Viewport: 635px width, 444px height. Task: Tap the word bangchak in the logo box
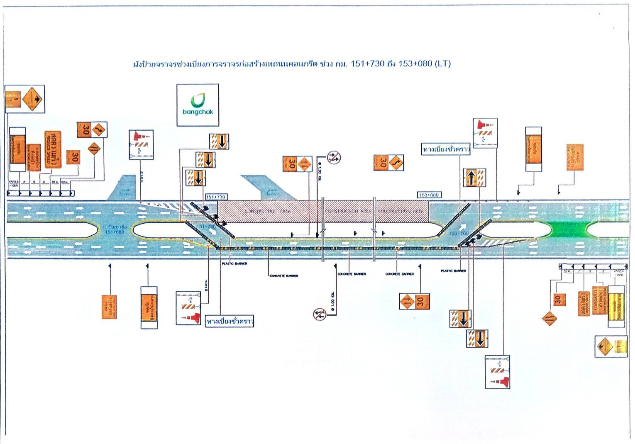coord(198,112)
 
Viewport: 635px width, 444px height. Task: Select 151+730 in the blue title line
coord(367,63)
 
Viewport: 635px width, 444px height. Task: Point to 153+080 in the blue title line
coord(415,63)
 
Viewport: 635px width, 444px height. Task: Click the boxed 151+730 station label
coord(216,197)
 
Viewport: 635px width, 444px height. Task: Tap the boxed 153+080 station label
coord(429,195)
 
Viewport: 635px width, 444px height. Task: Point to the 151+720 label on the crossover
coord(206,227)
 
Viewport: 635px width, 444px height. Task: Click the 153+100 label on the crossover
coord(459,234)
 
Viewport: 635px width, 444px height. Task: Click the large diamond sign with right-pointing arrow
coord(33,99)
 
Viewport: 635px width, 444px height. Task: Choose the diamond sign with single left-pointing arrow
coord(604,346)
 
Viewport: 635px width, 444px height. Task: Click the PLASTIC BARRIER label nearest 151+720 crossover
coord(234,264)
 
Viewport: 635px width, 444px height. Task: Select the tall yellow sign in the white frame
coord(616,307)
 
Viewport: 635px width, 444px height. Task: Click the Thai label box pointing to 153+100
coord(446,149)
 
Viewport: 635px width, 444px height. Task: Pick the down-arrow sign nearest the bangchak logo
coord(219,141)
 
